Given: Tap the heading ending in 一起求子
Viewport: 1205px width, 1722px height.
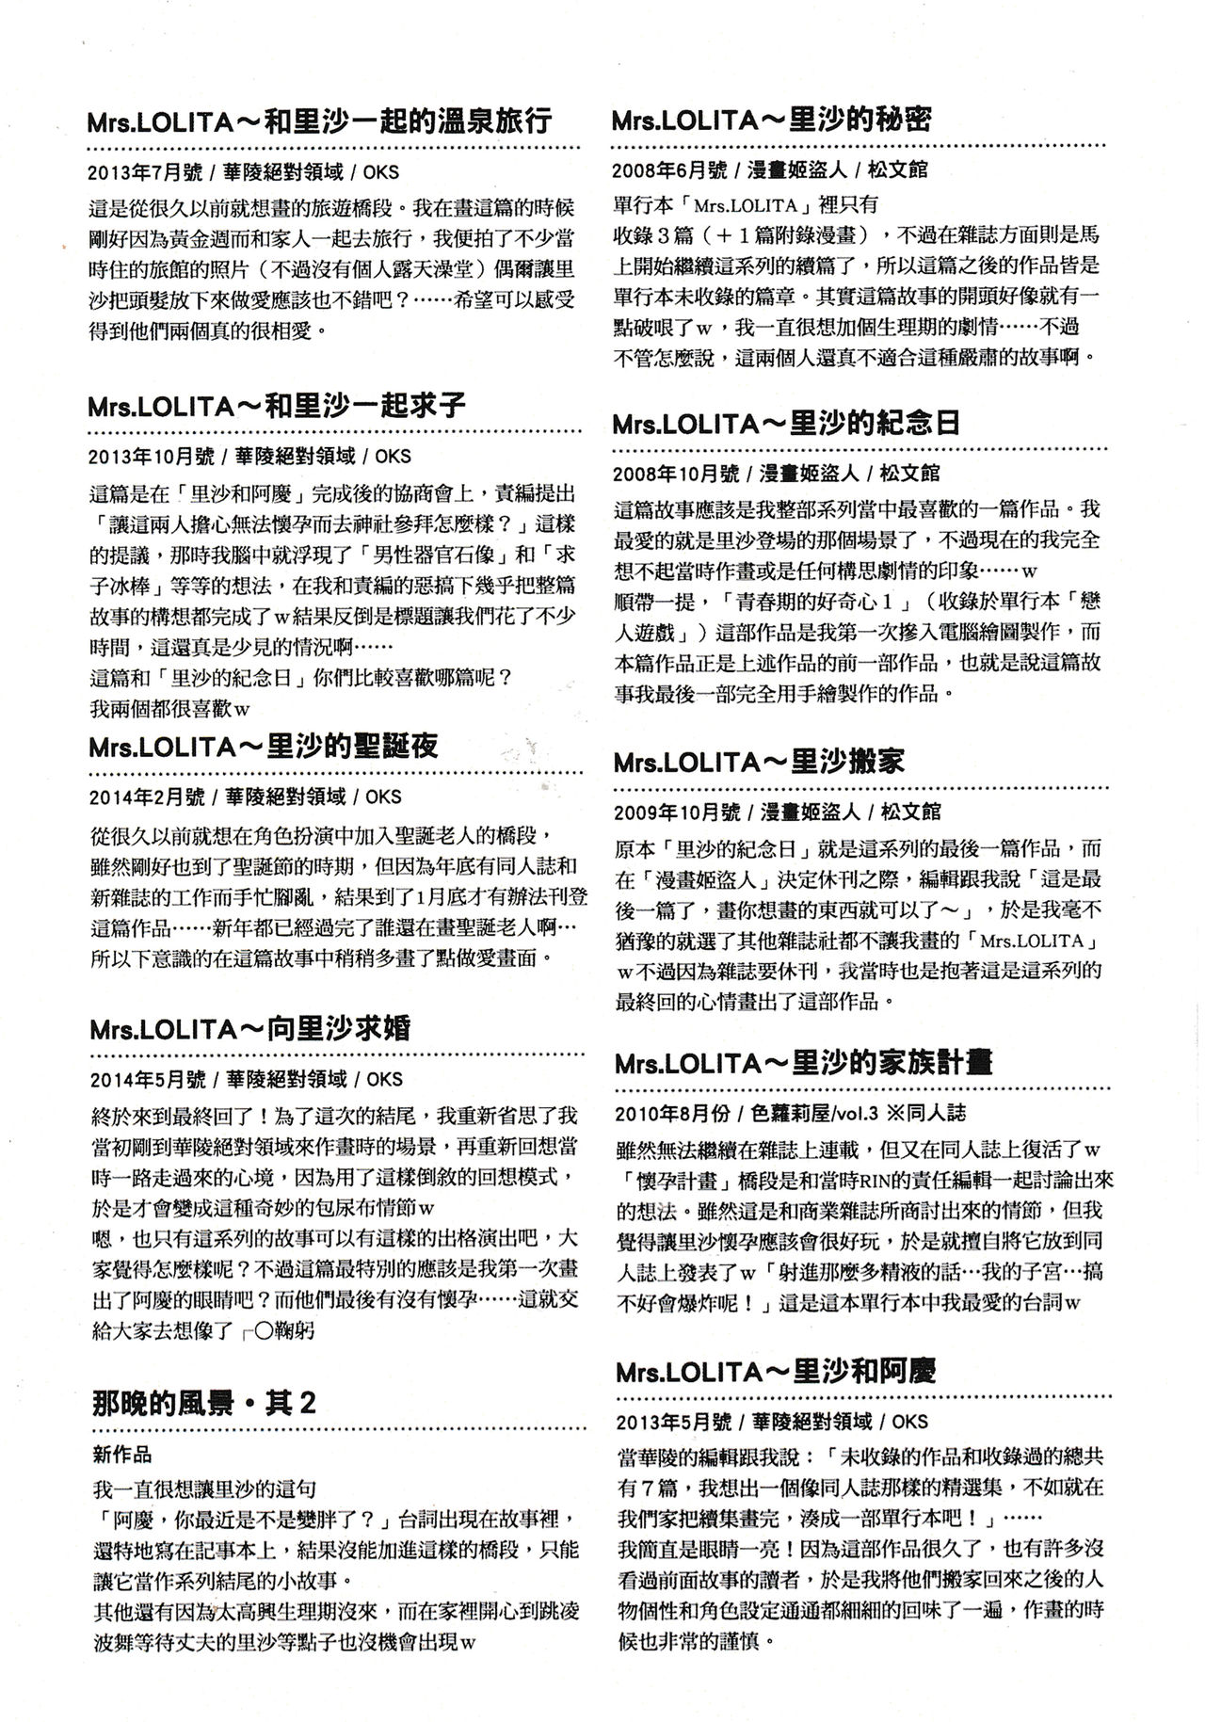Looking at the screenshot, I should coord(277,406).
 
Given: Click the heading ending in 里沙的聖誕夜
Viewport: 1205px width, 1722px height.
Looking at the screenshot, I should coord(264,747).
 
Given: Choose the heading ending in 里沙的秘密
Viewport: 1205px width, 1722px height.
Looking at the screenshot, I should coord(772,121).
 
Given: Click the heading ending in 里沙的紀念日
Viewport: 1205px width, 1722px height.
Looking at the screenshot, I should coord(786,422).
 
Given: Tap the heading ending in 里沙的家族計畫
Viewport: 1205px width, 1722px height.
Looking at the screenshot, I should coord(802,1062).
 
